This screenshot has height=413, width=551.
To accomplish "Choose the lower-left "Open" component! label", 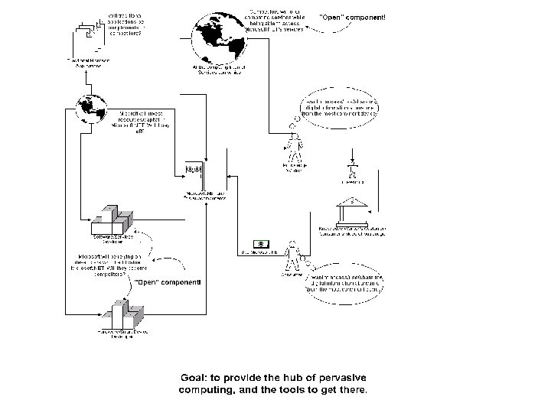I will [x=168, y=282].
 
